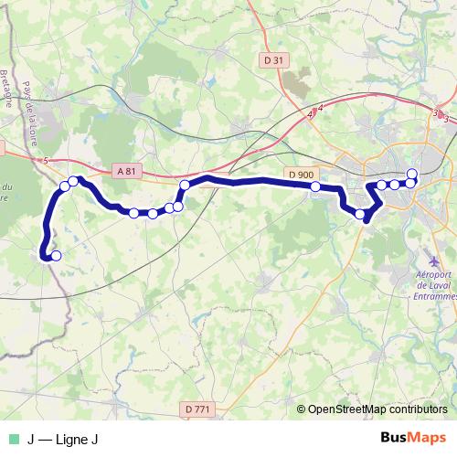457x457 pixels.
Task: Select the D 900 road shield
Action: [300, 175]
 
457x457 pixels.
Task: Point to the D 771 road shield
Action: [196, 409]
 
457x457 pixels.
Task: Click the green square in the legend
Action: [12, 440]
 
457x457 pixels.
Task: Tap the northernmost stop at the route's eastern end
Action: [412, 174]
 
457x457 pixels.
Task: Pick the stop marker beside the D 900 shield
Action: [315, 186]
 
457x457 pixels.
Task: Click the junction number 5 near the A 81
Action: [44, 161]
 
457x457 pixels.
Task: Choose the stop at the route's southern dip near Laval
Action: [360, 216]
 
